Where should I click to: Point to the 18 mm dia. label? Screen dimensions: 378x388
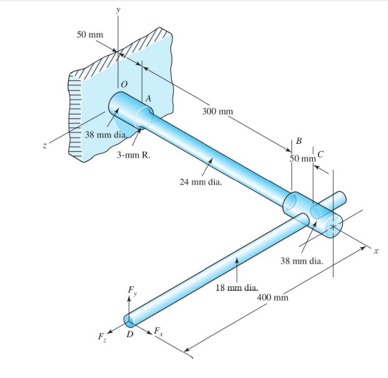coord(236,287)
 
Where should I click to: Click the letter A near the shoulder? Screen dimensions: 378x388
coord(147,97)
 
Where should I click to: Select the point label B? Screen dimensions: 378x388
coord(299,140)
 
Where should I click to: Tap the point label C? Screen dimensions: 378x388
coord(320,154)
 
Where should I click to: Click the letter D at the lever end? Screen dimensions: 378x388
coord(130,334)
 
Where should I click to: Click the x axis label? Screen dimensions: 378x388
coord(373,253)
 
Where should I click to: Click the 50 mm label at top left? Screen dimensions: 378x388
coord(90,35)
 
